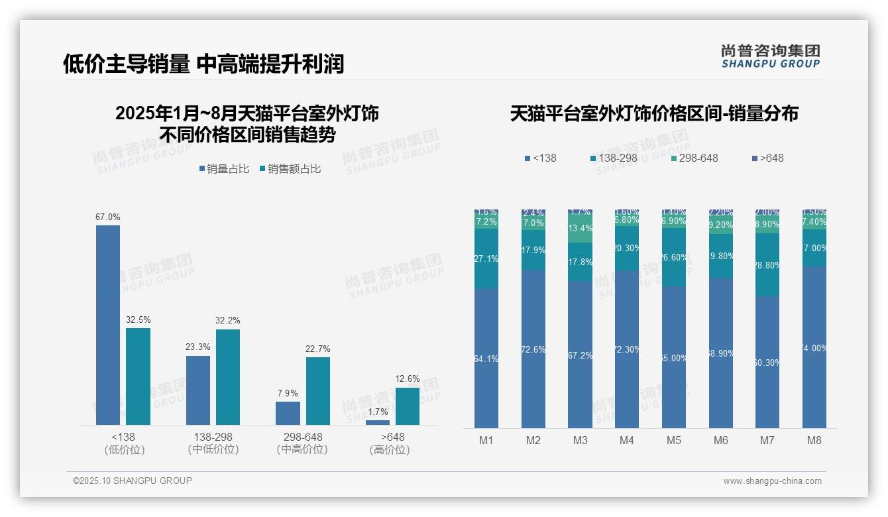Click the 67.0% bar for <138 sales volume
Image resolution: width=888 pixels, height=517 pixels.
click(x=108, y=325)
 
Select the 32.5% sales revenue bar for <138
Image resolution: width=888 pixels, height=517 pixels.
click(x=138, y=376)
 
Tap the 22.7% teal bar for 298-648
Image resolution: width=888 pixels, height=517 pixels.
click(x=318, y=390)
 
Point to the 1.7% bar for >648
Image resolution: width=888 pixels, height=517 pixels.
click(x=378, y=422)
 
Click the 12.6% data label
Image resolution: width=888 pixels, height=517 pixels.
click(x=408, y=379)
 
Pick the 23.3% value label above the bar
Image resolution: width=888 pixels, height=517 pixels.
click(x=198, y=347)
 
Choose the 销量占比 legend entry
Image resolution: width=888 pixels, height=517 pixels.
click(x=224, y=169)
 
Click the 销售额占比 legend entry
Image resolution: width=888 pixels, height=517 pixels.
click(x=290, y=169)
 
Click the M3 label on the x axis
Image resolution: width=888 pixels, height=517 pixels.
click(x=580, y=440)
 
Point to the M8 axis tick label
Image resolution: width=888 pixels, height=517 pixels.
click(x=814, y=440)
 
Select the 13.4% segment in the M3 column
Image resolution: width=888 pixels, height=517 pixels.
click(x=580, y=229)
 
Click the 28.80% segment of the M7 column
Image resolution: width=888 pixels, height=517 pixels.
click(x=767, y=264)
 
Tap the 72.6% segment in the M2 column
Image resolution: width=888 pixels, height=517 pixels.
click(x=533, y=349)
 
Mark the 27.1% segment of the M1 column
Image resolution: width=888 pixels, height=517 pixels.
click(x=486, y=258)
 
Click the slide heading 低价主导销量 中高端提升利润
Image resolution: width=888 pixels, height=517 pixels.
click(x=203, y=64)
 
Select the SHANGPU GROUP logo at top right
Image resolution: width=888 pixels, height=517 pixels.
click(x=770, y=56)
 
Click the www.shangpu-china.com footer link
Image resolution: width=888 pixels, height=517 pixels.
click(x=772, y=481)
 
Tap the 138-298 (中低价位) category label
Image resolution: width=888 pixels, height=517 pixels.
click(x=213, y=443)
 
